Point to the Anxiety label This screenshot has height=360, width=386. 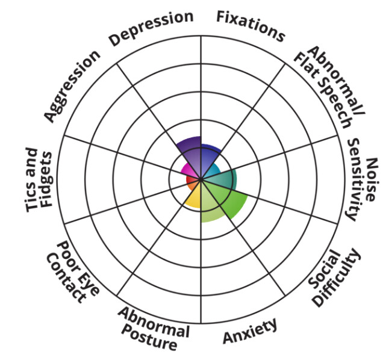[251, 332]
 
